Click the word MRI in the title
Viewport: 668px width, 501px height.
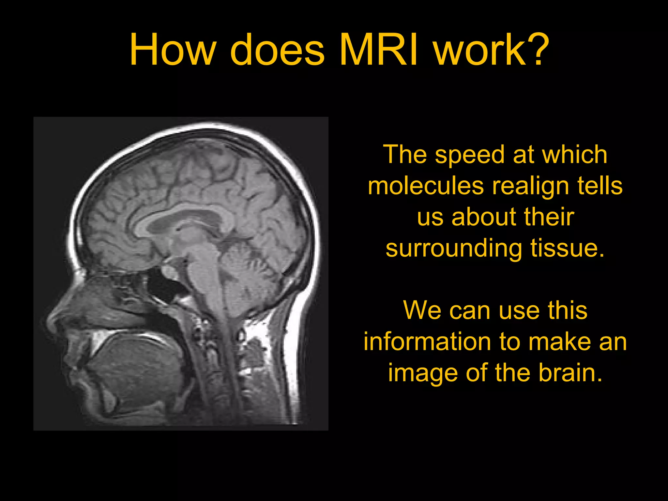click(x=378, y=50)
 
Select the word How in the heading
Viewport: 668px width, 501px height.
click(x=173, y=50)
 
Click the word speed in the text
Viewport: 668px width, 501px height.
click(x=470, y=155)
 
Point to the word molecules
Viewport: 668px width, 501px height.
click(x=426, y=186)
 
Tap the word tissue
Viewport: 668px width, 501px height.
click(x=568, y=249)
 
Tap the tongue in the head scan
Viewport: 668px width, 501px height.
click(x=137, y=362)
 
